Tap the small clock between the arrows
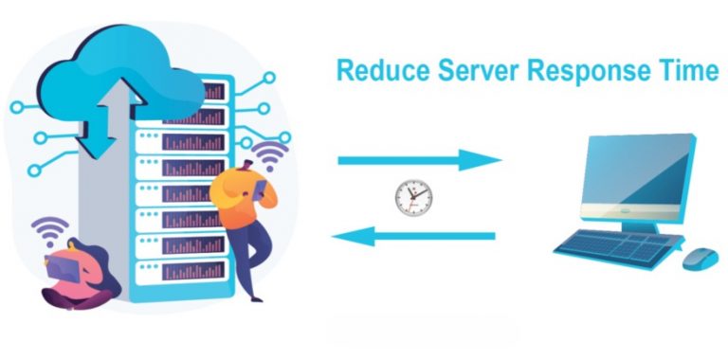pyautogui.click(x=412, y=197)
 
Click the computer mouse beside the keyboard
pyautogui.click(x=700, y=258)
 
